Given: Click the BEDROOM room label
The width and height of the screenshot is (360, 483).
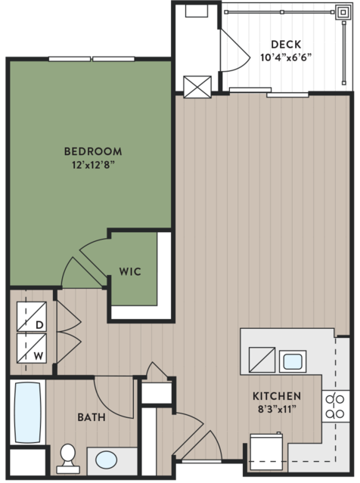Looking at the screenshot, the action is [x=93, y=151].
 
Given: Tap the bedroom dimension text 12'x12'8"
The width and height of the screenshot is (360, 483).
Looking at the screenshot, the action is [x=93, y=165].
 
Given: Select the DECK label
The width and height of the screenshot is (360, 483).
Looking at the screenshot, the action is [x=286, y=45].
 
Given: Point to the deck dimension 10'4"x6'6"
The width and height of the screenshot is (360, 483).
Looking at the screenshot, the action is [x=286, y=57].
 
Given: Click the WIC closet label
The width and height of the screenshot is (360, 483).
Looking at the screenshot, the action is [x=130, y=271].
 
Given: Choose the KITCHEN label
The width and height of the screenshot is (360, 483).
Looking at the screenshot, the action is [x=277, y=396].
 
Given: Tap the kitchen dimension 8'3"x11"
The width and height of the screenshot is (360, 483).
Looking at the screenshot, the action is [x=277, y=410].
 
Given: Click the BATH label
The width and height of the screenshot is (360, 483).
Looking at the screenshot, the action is [x=92, y=417].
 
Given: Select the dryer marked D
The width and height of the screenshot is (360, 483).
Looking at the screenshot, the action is [x=32, y=317].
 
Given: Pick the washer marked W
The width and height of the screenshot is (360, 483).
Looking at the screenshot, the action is [x=32, y=348].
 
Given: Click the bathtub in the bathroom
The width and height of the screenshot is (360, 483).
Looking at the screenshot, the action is [x=28, y=412].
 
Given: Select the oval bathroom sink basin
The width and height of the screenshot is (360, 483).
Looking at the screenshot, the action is [x=106, y=460].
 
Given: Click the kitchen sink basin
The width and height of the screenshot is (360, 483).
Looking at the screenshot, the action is [x=293, y=361].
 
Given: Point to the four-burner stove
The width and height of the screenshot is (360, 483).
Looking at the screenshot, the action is [x=336, y=407].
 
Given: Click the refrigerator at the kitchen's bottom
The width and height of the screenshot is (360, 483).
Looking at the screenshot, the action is [x=266, y=452].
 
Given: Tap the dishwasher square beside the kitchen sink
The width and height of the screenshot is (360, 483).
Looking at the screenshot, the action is [x=262, y=360].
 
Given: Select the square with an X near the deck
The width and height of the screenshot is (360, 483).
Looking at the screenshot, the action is [x=197, y=87].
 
